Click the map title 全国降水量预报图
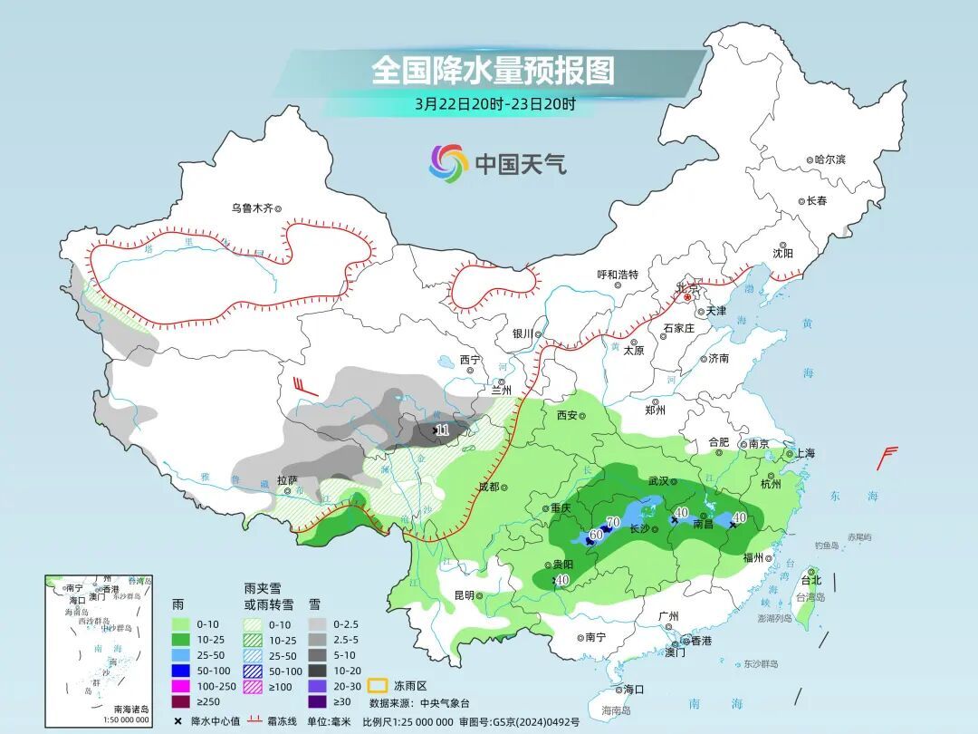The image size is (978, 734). tap(493, 71)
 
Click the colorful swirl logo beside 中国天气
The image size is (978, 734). tap(448, 163)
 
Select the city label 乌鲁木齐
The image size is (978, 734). tap(251, 208)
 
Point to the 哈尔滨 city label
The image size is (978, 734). tap(829, 159)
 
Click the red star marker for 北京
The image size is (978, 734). tap(687, 296)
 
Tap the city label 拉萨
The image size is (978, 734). tap(287, 480)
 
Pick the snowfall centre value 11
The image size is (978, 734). tap(442, 430)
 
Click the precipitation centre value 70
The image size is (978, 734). tap(612, 522)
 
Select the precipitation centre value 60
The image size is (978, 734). tap(595, 535)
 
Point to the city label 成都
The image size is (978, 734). tap(488, 487)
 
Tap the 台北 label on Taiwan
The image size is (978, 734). tap(810, 580)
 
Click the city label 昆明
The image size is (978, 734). tap(463, 595)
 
